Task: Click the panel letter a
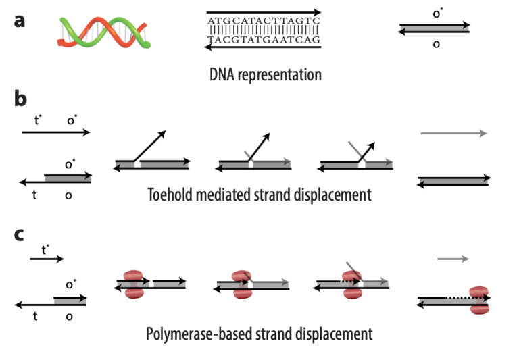pos(20,20)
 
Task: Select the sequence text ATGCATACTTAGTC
pos(264,21)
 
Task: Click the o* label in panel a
pos(437,14)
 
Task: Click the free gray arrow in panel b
pos(453,134)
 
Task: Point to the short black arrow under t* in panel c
pos(47,259)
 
